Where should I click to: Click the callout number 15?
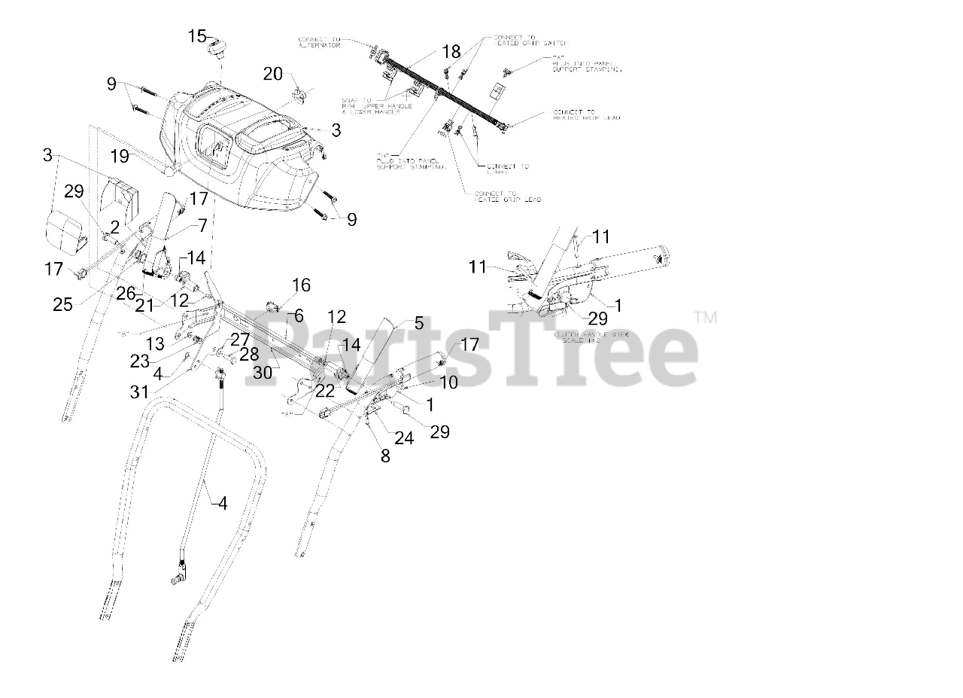tap(197, 36)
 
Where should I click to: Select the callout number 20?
tap(273, 74)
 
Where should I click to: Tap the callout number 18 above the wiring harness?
tap(451, 52)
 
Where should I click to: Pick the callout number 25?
tap(62, 304)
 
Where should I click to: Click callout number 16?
tap(301, 285)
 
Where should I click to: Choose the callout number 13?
tap(155, 344)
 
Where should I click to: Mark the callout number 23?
tap(140, 361)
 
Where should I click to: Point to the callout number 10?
tap(448, 383)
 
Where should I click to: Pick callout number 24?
tap(404, 437)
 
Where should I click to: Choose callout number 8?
tap(385, 455)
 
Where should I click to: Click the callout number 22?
tap(324, 390)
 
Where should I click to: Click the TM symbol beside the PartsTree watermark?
tap(705, 319)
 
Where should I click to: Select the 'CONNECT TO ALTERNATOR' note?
tap(319, 42)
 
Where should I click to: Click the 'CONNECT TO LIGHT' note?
tap(507, 169)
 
